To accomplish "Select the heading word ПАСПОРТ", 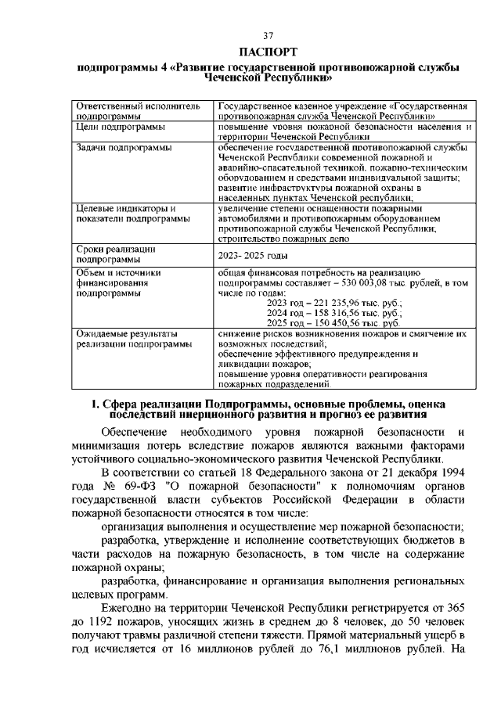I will coord(269,52).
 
